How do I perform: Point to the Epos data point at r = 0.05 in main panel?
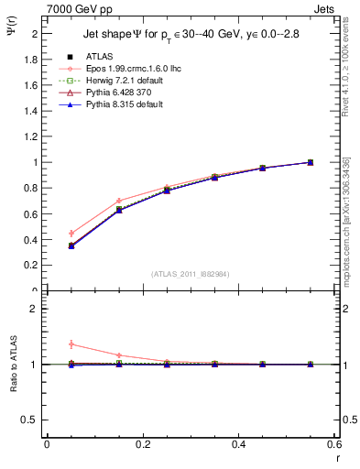(71, 234)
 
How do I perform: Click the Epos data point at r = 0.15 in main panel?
(118, 201)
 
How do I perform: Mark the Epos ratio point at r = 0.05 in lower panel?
(71, 344)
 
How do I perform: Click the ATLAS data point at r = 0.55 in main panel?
(310, 162)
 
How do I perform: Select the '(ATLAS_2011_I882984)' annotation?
(191, 274)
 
